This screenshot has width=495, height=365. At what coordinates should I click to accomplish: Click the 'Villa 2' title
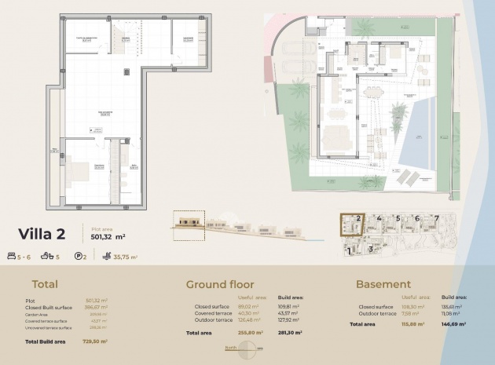47,233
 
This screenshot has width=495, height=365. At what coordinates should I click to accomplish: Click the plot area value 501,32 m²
108,235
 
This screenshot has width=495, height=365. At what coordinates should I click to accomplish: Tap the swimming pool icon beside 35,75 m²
106,256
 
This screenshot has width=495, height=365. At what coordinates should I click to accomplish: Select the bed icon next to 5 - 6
12,256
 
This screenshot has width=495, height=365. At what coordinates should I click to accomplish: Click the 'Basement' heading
383,284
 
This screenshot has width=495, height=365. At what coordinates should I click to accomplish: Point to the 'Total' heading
44,284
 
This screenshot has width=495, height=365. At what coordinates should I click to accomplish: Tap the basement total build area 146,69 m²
453,323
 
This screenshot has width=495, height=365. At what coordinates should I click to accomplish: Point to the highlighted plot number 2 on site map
357,219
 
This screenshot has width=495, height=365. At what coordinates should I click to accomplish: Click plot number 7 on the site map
435,218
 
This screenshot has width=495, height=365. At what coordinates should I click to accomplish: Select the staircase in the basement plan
123,35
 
